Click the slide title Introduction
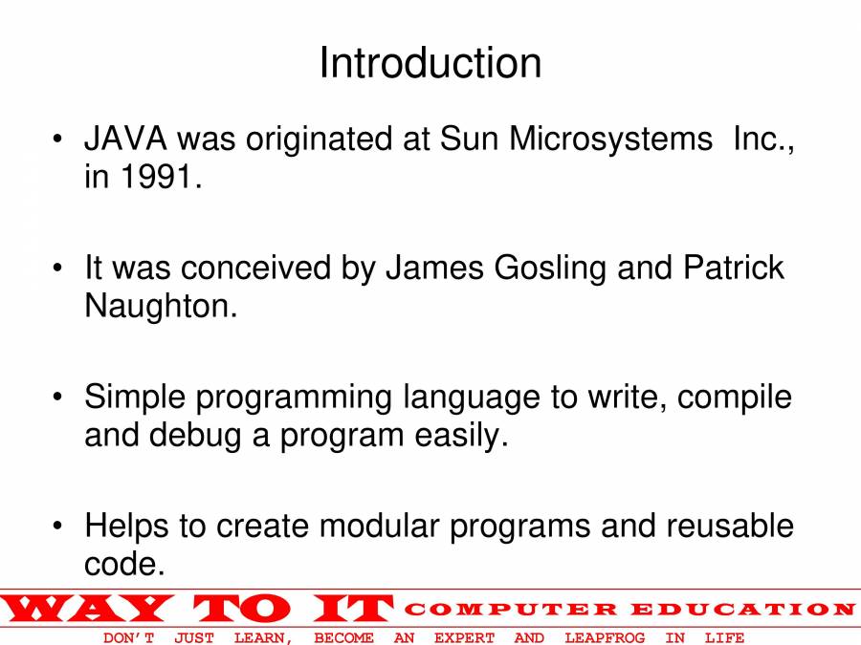click(x=430, y=62)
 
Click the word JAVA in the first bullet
click(x=125, y=139)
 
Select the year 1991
click(x=157, y=177)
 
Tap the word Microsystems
click(x=610, y=140)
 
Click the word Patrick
click(x=734, y=268)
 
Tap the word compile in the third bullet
click(x=734, y=398)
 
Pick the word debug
click(x=195, y=436)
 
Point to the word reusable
click(x=730, y=526)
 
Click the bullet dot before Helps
click(x=57, y=526)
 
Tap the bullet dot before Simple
click(x=57, y=397)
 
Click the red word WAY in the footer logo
click(x=88, y=609)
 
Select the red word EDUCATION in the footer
click(x=743, y=609)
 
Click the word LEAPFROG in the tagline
click(x=605, y=638)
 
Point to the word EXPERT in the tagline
click(x=465, y=638)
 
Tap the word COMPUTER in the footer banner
click(x=511, y=609)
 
